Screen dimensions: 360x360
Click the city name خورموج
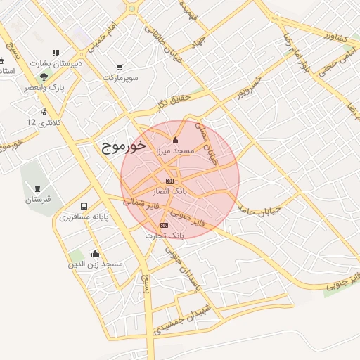tap(119, 146)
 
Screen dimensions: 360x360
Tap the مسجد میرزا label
tap(175, 150)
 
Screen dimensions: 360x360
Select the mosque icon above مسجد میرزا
tap(175, 140)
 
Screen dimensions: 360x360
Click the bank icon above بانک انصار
tap(169, 181)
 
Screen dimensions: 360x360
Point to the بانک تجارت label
tap(164, 235)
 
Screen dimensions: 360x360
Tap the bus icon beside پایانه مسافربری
tap(84, 207)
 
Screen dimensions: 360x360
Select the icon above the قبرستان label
tap(37, 188)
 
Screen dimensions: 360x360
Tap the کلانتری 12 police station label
tap(44, 122)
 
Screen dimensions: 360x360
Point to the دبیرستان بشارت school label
tap(57, 63)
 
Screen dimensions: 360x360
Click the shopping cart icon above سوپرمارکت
tap(120, 67)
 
